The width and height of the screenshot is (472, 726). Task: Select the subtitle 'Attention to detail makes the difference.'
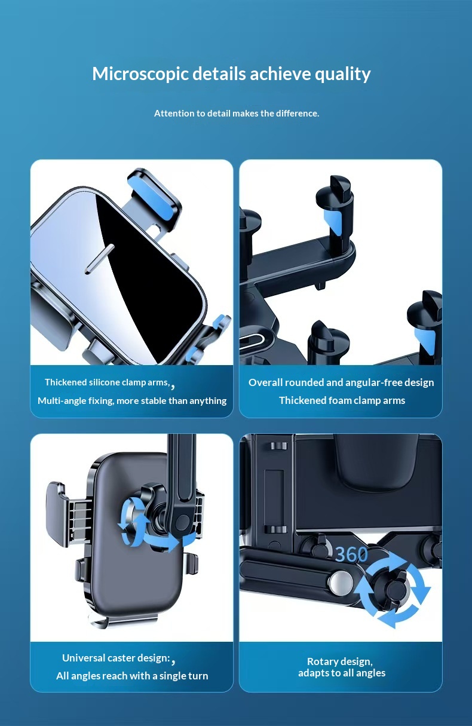pyautogui.click(x=237, y=113)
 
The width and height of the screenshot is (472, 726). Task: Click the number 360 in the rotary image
pyautogui.click(x=351, y=555)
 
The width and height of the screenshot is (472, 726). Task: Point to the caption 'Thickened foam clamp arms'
pyautogui.click(x=342, y=400)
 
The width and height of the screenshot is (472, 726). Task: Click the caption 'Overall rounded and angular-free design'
pyautogui.click(x=341, y=382)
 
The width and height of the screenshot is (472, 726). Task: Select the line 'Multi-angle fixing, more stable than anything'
pyautogui.click(x=132, y=400)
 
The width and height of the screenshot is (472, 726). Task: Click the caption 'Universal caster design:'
pyautogui.click(x=116, y=658)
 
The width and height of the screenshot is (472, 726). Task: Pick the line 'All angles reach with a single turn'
pyautogui.click(x=132, y=676)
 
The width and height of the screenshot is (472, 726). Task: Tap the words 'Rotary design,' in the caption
pyautogui.click(x=339, y=661)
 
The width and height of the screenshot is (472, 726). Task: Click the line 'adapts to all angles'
pyautogui.click(x=342, y=673)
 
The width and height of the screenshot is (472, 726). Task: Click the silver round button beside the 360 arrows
pyautogui.click(x=341, y=583)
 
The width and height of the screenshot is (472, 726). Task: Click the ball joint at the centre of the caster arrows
pyautogui.click(x=158, y=516)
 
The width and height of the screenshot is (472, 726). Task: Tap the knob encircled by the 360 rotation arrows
pyautogui.click(x=393, y=589)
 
